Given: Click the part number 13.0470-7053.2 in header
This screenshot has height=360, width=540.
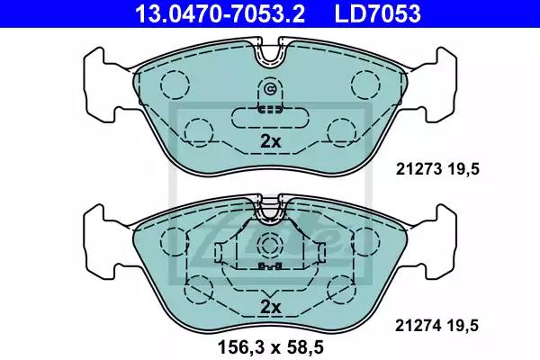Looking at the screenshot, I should click(x=211, y=13).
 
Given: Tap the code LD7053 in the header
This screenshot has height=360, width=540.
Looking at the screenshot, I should click(x=379, y=13).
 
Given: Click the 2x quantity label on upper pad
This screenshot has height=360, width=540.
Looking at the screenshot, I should click(x=270, y=141).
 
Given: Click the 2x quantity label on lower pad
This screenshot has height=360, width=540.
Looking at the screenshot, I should click(x=270, y=307).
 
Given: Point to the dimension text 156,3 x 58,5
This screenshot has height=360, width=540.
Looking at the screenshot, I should click(x=269, y=344).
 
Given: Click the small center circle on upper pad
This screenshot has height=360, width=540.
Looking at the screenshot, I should click(x=270, y=89).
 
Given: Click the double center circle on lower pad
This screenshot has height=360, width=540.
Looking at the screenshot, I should click(x=270, y=246).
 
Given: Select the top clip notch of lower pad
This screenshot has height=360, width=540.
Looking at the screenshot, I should click(x=270, y=209).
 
